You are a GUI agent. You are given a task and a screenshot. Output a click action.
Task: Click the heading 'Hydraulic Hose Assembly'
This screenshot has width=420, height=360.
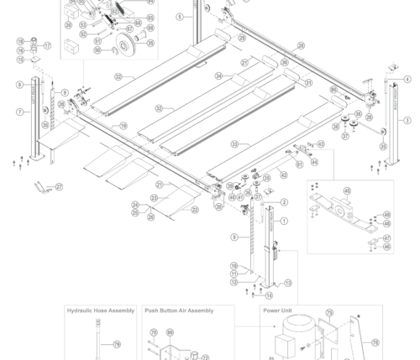100,310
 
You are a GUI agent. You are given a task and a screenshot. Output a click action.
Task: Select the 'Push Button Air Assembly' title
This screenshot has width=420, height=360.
178,310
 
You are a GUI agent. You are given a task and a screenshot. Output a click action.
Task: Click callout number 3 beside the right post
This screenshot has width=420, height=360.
407,121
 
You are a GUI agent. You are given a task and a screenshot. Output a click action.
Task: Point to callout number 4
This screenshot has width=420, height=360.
407,80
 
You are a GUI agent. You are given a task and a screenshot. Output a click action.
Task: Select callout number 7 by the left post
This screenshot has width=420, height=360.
18,112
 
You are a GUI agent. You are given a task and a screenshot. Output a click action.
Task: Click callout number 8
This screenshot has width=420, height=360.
19,85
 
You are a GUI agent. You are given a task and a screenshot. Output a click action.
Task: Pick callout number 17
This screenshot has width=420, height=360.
47,46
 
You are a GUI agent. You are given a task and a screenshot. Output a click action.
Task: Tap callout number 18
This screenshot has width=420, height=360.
20,41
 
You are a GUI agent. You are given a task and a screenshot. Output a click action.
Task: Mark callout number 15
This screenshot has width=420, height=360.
20,60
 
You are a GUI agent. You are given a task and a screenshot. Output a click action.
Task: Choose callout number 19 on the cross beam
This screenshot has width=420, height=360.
123,126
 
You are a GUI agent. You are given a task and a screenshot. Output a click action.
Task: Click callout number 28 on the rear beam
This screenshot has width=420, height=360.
301,45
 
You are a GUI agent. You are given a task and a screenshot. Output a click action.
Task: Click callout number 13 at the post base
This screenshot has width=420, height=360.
287,284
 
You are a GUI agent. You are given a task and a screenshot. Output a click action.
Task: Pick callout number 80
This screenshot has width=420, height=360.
333,89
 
